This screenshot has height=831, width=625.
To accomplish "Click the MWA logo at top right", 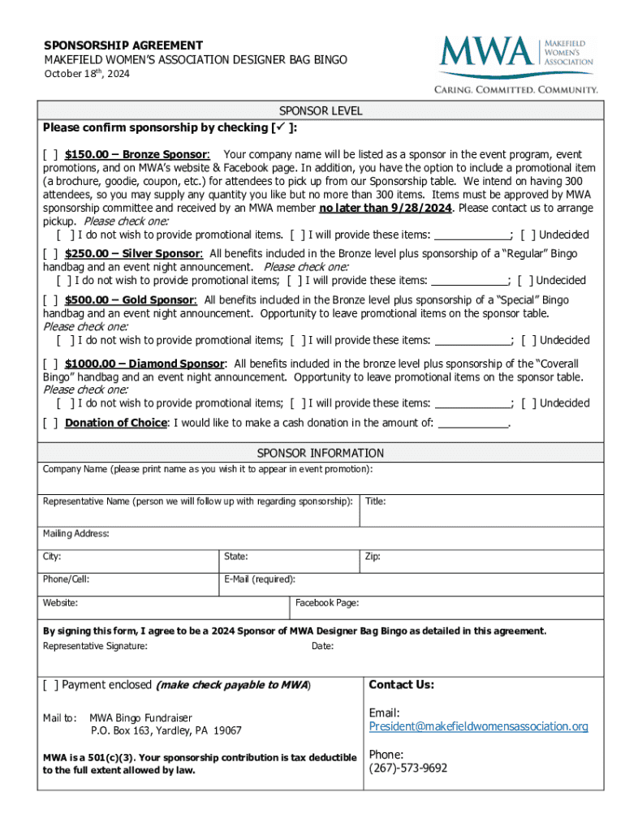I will pyautogui.click(x=517, y=62).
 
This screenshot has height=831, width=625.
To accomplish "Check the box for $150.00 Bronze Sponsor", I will pyautogui.click(x=50, y=154).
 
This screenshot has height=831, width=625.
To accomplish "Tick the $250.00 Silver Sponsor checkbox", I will pyautogui.click(x=50, y=254).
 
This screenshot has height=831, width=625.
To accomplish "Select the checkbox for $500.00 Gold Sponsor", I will pyautogui.click(x=50, y=300).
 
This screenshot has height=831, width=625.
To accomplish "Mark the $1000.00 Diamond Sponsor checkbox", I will pyautogui.click(x=50, y=364).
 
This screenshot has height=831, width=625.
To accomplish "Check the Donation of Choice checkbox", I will pyautogui.click(x=50, y=423).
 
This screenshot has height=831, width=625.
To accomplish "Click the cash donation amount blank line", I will pyautogui.click(x=472, y=423).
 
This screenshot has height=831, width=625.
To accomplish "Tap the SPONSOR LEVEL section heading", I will pyautogui.click(x=321, y=110).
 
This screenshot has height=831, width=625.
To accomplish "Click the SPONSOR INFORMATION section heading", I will pyautogui.click(x=321, y=453).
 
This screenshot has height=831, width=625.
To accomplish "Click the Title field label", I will pyautogui.click(x=375, y=502).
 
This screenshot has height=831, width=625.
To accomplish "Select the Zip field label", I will pyautogui.click(x=372, y=557).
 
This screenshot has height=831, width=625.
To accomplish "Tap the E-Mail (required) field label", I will pyautogui.click(x=260, y=579).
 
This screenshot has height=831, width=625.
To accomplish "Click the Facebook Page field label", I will pyautogui.click(x=327, y=603).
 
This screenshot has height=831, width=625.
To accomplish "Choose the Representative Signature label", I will pyautogui.click(x=95, y=646).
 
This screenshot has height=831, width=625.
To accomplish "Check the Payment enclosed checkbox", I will pyautogui.click(x=50, y=685).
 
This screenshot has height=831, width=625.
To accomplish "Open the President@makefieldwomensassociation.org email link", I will pyautogui.click(x=478, y=726).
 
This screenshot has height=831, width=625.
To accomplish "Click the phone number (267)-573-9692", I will pyautogui.click(x=407, y=768).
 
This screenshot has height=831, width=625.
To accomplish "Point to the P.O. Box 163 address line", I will pyautogui.click(x=166, y=731).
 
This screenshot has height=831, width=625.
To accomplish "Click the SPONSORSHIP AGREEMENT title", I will pyautogui.click(x=123, y=45).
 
